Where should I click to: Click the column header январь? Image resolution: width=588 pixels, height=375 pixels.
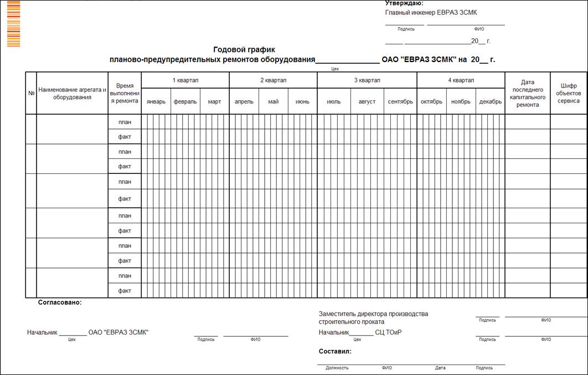click(x=156, y=101)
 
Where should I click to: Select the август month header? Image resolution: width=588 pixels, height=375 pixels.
click(x=367, y=101)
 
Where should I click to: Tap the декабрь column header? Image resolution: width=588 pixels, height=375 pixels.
click(x=490, y=101)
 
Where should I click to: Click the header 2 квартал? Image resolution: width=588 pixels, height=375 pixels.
click(x=273, y=80)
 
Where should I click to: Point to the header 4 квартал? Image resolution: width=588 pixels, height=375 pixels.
click(x=461, y=80)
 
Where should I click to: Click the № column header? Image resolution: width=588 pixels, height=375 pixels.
click(x=31, y=93)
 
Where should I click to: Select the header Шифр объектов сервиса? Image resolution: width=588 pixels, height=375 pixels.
click(x=569, y=93)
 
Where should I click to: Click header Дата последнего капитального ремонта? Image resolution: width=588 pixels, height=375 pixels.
click(x=527, y=93)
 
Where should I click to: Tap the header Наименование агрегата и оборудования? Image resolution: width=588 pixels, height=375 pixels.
click(x=72, y=93)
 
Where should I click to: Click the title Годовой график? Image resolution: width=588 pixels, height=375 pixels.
click(x=244, y=49)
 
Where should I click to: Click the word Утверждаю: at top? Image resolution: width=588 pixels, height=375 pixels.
click(x=404, y=3)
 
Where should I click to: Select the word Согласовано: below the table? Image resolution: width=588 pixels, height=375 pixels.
click(x=59, y=302)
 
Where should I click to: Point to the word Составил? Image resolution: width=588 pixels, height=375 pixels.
click(x=335, y=351)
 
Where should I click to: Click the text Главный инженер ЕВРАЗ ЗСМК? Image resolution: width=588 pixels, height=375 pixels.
click(x=431, y=12)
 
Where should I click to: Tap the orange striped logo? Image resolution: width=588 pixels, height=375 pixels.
click(x=13, y=24)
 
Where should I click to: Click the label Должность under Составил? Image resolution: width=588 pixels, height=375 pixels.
click(x=337, y=368)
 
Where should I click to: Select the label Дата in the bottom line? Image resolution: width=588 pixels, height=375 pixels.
click(x=440, y=368)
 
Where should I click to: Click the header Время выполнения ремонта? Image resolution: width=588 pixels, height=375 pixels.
click(x=125, y=93)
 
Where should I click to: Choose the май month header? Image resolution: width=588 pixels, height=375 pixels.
click(x=273, y=101)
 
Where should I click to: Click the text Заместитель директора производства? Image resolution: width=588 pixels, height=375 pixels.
click(x=373, y=314)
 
